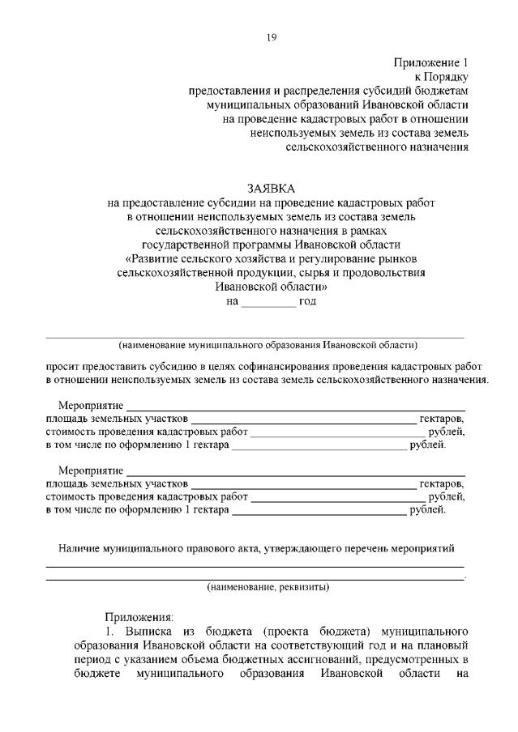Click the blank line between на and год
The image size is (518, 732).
click(x=268, y=301)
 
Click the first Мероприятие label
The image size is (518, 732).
click(x=91, y=404)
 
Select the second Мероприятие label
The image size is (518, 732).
click(x=91, y=470)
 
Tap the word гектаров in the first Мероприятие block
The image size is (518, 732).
click(x=442, y=418)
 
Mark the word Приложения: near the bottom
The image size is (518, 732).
click(x=139, y=616)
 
